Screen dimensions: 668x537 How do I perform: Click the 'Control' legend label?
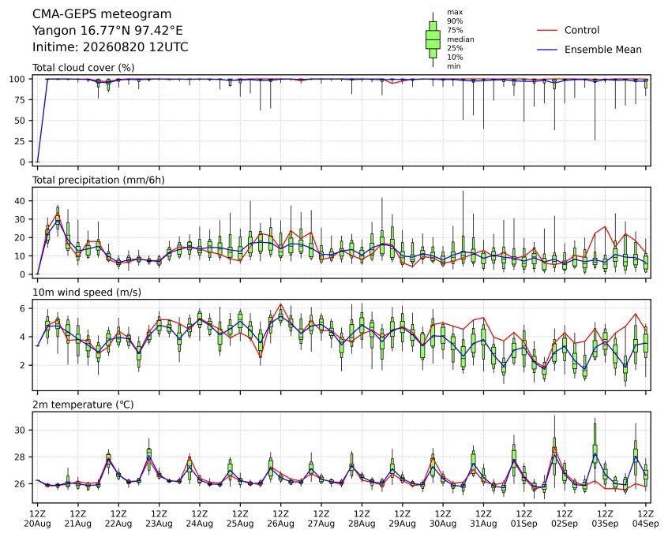point(581,30)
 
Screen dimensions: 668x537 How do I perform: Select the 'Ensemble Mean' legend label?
point(602,50)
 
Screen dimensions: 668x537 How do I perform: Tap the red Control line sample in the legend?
point(547,30)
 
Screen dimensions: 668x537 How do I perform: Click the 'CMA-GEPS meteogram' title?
point(102,14)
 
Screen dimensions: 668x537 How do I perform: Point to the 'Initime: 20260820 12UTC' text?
point(111,47)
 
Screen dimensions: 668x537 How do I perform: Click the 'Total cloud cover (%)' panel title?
point(84,68)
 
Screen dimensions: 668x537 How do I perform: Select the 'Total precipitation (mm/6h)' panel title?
point(99,180)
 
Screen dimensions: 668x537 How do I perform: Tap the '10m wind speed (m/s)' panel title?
point(87,293)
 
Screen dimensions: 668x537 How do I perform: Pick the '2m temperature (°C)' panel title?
point(83,405)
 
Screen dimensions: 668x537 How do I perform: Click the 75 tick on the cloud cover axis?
point(20,100)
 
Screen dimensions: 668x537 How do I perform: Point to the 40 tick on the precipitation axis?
point(20,200)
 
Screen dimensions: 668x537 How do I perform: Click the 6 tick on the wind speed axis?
point(23,308)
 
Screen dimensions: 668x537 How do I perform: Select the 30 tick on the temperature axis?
point(20,431)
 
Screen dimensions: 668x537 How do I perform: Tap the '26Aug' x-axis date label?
point(281,524)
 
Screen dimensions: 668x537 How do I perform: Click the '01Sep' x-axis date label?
point(524,524)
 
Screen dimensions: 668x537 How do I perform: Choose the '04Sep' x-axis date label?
point(645,524)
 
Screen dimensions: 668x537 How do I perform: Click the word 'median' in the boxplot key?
point(460,39)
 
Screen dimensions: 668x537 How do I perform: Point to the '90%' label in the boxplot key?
point(455,21)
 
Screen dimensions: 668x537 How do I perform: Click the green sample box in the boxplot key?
point(433,39)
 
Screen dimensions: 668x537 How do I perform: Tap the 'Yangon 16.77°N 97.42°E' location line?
point(107,31)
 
